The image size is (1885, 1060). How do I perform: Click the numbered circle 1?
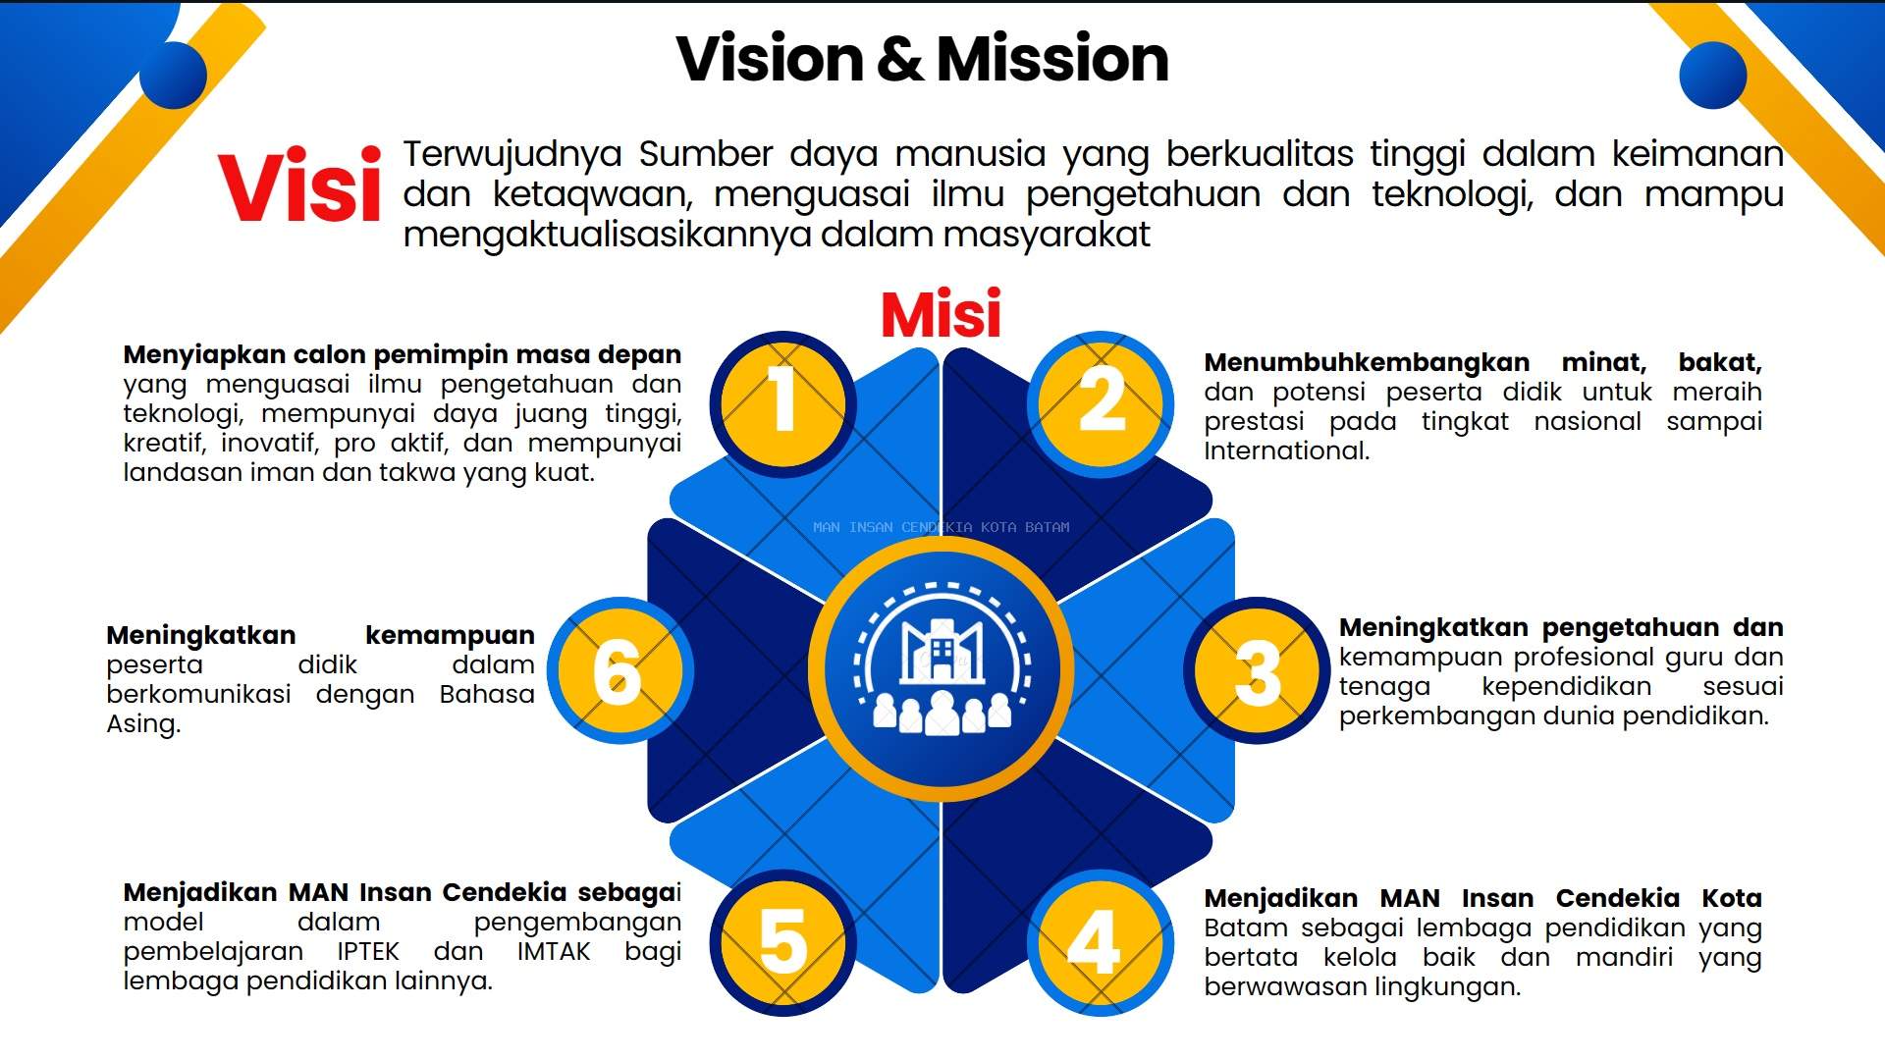[782, 403]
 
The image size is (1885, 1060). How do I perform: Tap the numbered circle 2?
[1101, 403]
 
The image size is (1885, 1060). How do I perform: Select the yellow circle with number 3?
[1257, 670]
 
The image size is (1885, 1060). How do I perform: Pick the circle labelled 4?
[1101, 942]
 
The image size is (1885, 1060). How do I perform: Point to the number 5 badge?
[782, 942]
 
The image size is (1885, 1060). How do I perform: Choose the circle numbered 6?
[620, 670]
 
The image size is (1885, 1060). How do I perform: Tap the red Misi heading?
[941, 314]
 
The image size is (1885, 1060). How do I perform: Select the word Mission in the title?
[1052, 58]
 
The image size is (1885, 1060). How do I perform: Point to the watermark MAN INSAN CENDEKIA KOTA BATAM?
[942, 527]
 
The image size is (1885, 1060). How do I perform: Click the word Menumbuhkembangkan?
[1367, 363]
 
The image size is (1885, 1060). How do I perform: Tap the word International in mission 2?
[1286, 450]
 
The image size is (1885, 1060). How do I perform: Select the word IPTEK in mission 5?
[368, 952]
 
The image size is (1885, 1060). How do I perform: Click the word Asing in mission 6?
[143, 725]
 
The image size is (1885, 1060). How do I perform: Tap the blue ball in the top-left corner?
[173, 74]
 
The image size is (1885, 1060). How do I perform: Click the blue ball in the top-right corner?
[1713, 74]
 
